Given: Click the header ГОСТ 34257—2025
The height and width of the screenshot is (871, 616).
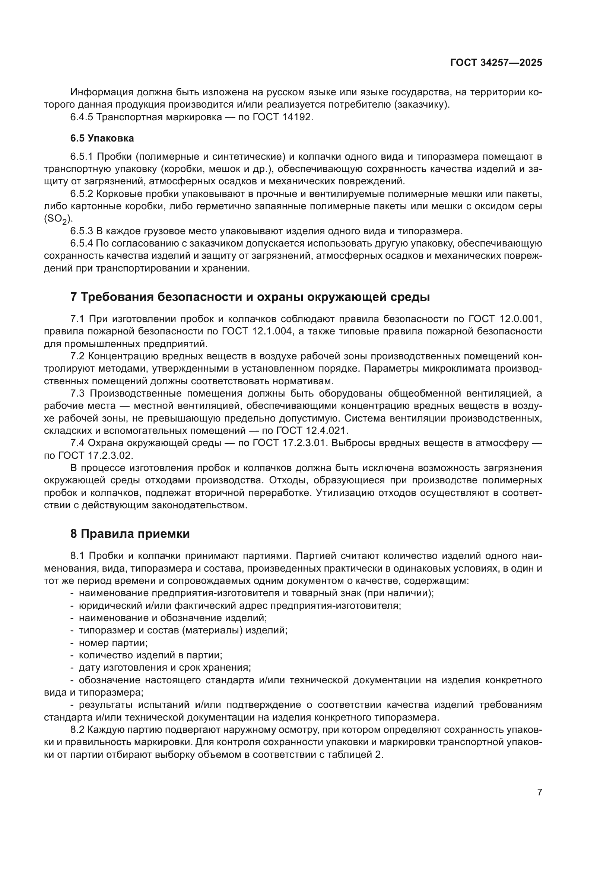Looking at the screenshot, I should [x=496, y=63].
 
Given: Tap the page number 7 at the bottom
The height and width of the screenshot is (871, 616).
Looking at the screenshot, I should [x=540, y=792].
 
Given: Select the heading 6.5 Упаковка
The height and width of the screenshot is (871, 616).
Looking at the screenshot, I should [x=102, y=139].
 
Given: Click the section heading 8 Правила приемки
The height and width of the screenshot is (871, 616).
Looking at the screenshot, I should [x=130, y=534].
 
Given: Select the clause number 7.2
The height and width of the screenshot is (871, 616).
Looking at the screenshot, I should [x=78, y=356].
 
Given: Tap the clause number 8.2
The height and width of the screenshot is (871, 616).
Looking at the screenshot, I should [x=78, y=730].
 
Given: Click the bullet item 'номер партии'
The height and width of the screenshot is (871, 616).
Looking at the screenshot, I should [x=113, y=643].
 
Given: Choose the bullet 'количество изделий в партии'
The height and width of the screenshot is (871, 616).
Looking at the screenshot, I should [x=150, y=655].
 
